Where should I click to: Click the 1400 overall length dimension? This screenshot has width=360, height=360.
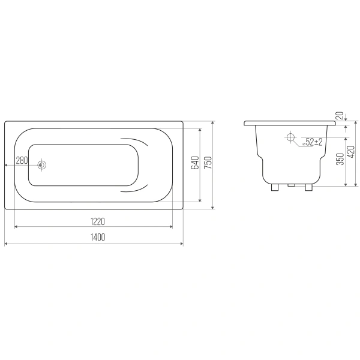point(98,237)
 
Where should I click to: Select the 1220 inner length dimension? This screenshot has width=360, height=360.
point(98,222)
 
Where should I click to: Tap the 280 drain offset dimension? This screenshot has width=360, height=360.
point(22,160)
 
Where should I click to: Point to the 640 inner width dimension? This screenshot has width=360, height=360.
point(195,163)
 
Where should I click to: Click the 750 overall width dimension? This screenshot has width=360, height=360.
point(208,163)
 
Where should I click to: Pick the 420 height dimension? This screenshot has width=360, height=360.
point(351,152)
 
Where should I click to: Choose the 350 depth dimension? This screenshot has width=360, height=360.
point(340,159)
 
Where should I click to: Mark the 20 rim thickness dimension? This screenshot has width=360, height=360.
point(340,115)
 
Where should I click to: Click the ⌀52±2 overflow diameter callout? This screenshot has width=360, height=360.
point(313,142)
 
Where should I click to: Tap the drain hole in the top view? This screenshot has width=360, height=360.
point(42,165)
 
